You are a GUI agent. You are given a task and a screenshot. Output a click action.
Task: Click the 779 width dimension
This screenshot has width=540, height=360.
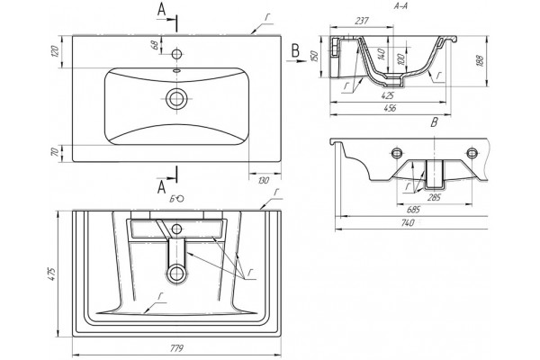click(176, 348)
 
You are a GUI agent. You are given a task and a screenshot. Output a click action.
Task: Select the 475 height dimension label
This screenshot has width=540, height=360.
click(51, 274)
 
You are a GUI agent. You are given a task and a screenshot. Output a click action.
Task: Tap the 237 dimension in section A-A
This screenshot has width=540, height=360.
click(362, 21)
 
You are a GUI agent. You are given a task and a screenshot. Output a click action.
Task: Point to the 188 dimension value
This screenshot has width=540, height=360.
click(481, 60)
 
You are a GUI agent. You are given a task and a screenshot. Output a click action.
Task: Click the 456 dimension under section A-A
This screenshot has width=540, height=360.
click(391, 108)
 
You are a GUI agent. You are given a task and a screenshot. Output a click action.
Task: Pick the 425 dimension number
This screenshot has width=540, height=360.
click(388, 95)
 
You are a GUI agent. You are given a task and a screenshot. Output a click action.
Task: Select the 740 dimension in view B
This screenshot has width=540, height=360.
click(408, 223)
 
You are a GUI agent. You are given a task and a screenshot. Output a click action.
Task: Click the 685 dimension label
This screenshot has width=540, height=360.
click(413, 210)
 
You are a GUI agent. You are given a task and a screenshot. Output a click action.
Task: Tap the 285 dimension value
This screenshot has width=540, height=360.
click(435, 197)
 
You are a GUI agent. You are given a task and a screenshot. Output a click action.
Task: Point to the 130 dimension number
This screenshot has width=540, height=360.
click(264, 180)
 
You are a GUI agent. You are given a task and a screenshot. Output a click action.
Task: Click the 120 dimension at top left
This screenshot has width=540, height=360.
click(56, 51)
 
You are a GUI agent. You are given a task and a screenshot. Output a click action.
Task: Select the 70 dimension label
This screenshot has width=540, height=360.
click(55, 152)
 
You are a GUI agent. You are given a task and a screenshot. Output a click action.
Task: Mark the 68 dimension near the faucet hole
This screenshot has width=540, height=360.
click(155, 46)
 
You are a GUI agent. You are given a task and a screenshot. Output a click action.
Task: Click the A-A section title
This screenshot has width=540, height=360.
click(400, 6)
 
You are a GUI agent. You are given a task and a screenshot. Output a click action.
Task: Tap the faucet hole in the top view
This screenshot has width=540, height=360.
click(177, 54)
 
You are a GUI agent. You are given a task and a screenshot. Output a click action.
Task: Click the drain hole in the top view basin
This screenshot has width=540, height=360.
click(177, 98)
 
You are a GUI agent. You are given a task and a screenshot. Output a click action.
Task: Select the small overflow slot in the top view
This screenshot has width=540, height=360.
click(177, 71)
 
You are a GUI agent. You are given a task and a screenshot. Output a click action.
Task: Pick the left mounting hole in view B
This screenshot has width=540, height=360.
click(397, 153)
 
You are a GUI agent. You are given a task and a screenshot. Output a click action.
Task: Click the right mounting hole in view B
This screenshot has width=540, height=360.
click(472, 153)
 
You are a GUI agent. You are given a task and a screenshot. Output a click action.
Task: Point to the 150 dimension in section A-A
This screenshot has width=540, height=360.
click(313, 56)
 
